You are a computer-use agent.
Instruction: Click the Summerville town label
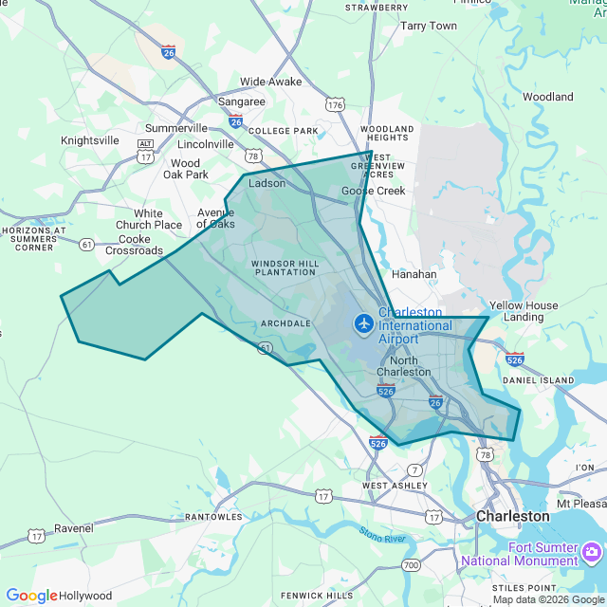[175, 128]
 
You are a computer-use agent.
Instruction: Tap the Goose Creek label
[374, 191]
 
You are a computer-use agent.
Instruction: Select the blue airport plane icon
[363, 323]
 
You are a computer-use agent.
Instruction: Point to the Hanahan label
[414, 274]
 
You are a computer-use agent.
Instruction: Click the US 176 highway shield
[334, 104]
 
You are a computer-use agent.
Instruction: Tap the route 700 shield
[411, 565]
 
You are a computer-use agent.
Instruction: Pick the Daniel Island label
[539, 380]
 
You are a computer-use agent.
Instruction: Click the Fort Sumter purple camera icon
[593, 552]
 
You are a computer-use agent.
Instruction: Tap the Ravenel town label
[73, 527]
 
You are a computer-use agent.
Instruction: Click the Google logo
[31, 596]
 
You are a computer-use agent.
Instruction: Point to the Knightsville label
[90, 140]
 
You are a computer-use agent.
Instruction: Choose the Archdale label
[285, 323]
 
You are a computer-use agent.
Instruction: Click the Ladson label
[267, 183]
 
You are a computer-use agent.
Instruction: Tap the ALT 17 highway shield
[145, 150]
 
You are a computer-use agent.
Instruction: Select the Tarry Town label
[429, 26]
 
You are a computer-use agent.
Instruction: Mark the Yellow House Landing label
[524, 311]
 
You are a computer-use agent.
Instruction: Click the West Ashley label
[387, 486]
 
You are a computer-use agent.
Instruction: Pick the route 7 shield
[414, 469]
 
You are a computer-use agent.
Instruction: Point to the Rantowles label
[215, 517]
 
